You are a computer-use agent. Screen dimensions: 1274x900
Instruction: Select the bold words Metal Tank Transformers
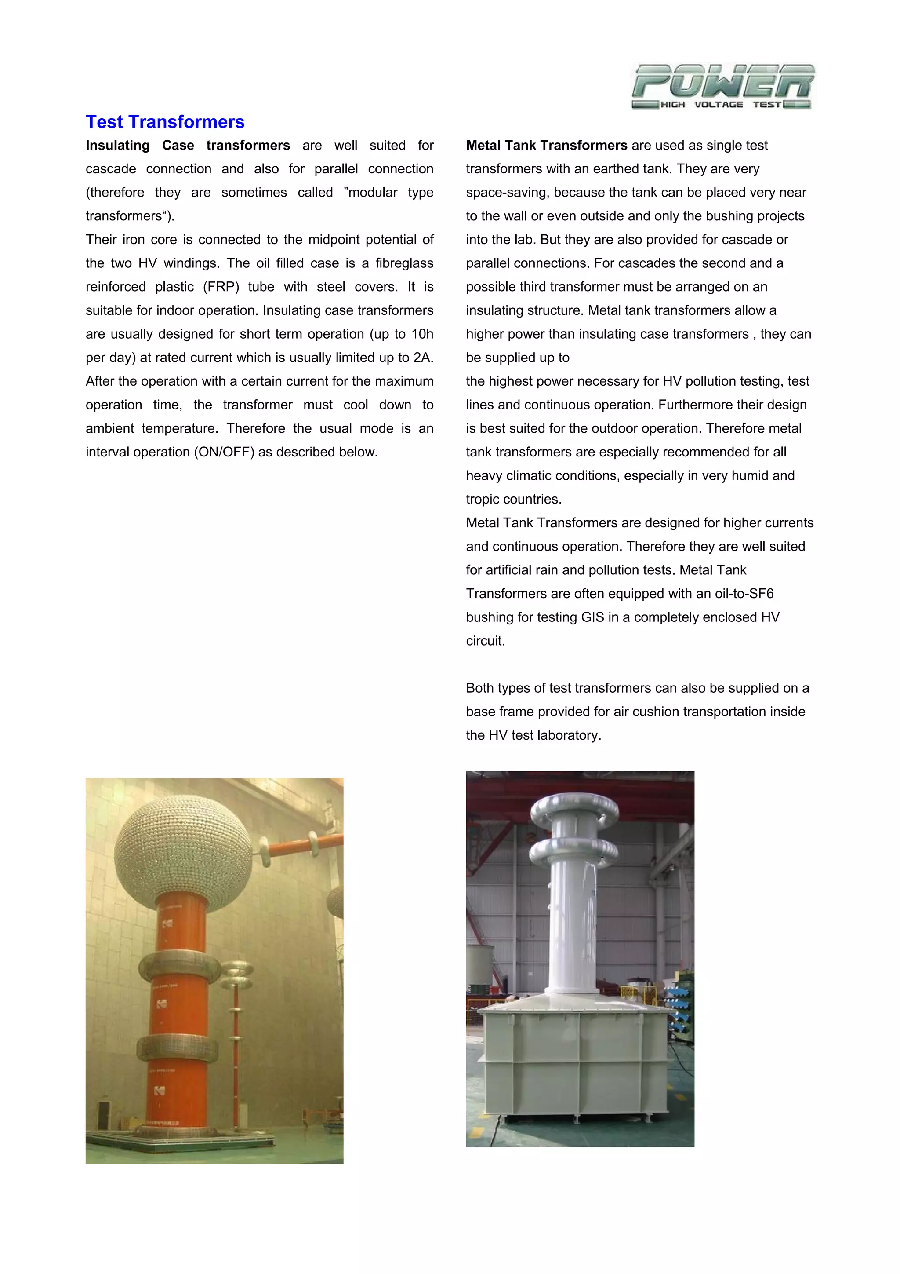546,146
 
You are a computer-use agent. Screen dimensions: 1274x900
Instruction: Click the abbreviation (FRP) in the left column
221,287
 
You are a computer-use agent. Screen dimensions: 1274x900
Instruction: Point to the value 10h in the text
421,334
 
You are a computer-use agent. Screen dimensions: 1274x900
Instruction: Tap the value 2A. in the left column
423,358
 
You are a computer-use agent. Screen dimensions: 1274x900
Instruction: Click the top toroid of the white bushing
574,810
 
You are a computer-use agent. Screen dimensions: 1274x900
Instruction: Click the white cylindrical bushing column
573,927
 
